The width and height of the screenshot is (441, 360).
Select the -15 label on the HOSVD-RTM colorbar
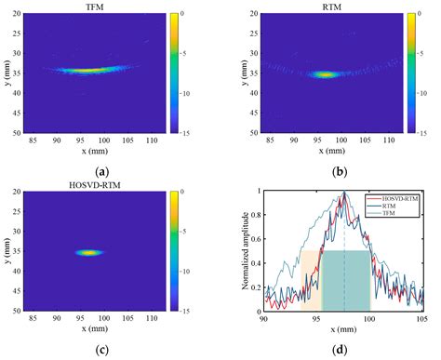coord(180,313)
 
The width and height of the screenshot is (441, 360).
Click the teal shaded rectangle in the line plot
coord(345,279)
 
